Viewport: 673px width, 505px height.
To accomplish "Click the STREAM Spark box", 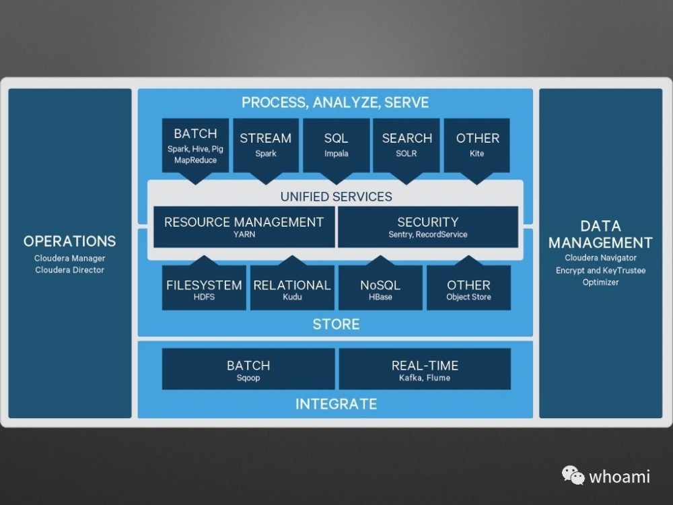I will [x=265, y=145].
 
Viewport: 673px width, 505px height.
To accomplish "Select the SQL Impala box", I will [x=336, y=145].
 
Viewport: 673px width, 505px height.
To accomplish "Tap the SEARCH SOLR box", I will [x=406, y=145].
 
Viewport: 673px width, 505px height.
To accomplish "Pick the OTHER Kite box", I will [x=477, y=145].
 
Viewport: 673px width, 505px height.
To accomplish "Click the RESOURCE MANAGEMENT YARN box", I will [x=244, y=227].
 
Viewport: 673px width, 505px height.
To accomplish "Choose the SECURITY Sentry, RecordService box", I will [x=427, y=227].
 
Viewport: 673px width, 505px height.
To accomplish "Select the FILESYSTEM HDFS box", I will [x=204, y=288].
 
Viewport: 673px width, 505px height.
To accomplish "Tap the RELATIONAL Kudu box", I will [x=292, y=288].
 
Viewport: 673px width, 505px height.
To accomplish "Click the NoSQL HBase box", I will [x=380, y=288].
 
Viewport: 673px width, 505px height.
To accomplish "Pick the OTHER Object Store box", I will [x=468, y=288].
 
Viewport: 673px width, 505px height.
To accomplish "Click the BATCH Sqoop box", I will [x=248, y=369].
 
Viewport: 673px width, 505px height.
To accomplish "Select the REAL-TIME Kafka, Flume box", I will [x=425, y=369].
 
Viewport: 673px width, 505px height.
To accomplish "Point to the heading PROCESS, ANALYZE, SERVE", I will [x=335, y=103].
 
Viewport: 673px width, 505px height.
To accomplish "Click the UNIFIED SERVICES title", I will [x=336, y=197].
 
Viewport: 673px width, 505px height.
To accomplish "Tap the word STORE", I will [x=336, y=324].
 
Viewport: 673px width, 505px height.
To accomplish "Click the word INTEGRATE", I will [x=336, y=404].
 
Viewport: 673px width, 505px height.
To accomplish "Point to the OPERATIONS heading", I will [x=70, y=241].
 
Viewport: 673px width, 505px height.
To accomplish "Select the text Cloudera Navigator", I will [x=600, y=258].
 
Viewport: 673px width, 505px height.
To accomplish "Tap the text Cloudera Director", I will [x=70, y=270].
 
